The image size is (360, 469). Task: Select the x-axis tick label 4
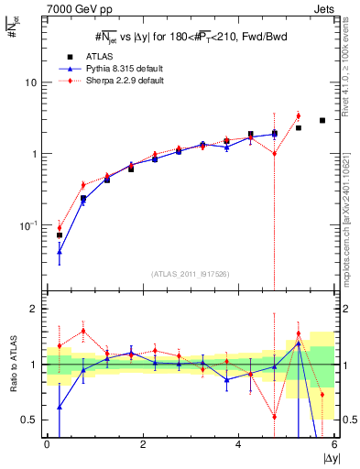pyautogui.click(x=238, y=444)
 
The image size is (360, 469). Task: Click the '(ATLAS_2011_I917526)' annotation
pyautogui.click(x=190, y=274)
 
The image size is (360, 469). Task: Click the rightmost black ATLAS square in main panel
pyautogui.click(x=322, y=120)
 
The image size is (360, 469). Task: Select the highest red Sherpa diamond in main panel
pyautogui.click(x=299, y=115)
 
